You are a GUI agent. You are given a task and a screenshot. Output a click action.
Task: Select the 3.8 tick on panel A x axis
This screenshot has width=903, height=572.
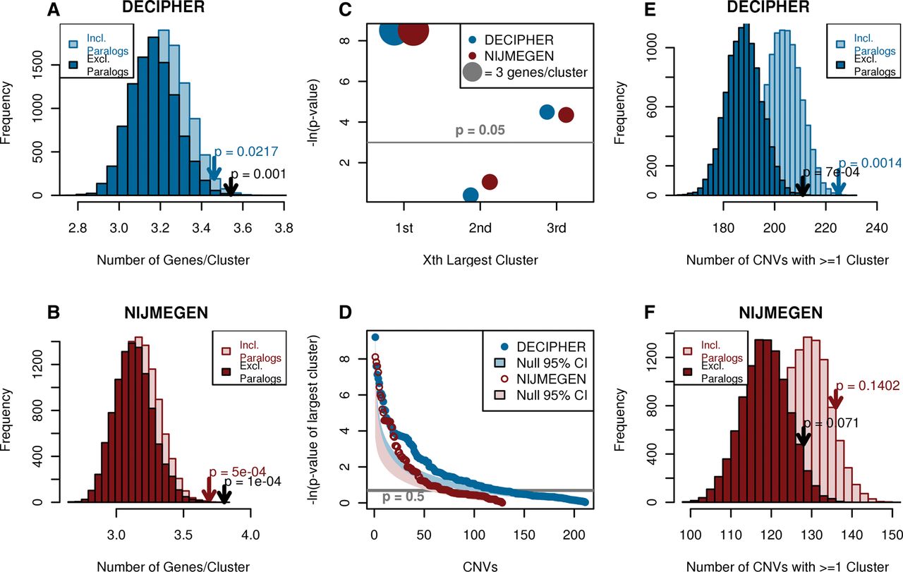point(284,228)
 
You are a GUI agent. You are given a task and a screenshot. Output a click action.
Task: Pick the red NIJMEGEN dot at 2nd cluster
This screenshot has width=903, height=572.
point(490,182)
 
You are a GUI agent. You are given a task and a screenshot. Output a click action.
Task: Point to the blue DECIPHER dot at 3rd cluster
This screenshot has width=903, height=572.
point(547,112)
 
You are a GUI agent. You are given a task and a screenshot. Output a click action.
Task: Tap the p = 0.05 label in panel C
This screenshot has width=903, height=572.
point(480,131)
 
